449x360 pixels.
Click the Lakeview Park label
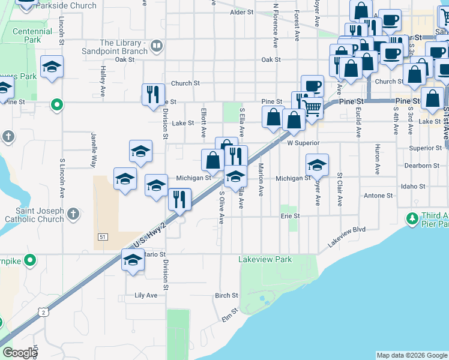[265, 260]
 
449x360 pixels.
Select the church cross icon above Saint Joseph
[73, 213]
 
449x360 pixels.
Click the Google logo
[19, 353]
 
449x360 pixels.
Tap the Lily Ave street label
[146, 295]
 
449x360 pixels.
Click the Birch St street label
[227, 295]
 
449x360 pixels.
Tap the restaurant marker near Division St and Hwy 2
[179, 199]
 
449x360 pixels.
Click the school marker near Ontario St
[133, 261]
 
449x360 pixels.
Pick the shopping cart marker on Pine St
[312, 109]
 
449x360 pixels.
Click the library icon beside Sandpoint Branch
[157, 45]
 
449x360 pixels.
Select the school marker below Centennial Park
[52, 67]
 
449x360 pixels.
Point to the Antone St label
[378, 196]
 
